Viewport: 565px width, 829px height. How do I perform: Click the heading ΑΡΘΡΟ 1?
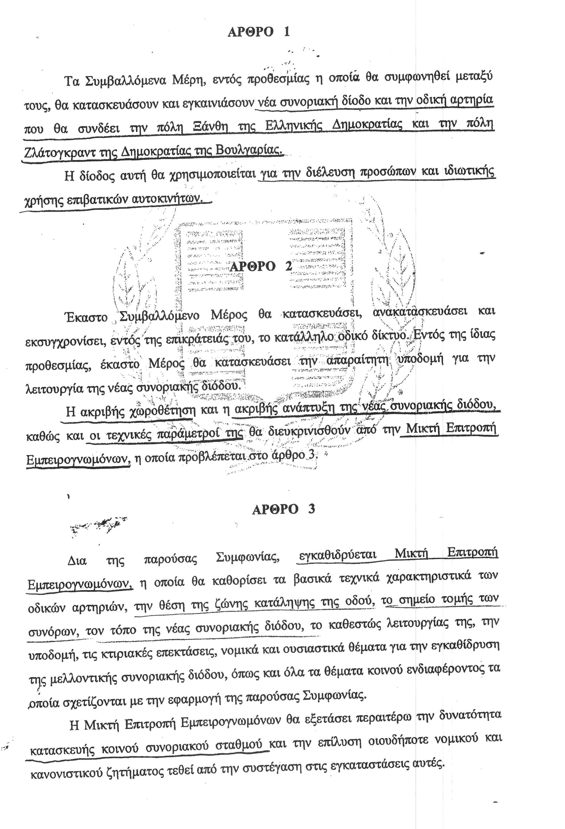click(x=258, y=32)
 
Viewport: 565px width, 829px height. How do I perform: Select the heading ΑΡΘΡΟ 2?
click(x=261, y=266)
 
